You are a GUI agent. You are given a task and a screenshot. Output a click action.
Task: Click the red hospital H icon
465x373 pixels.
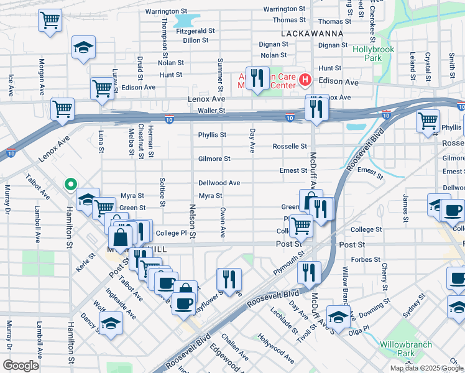305,80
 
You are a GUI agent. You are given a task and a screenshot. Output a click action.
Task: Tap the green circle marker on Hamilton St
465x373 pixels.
70,184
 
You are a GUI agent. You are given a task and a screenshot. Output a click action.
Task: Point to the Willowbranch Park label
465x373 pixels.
397,348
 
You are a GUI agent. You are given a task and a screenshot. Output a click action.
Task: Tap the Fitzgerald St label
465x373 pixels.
195,30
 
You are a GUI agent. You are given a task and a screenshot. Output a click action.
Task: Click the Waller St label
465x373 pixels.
211,111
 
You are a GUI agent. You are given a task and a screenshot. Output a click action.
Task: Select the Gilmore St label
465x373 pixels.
214,159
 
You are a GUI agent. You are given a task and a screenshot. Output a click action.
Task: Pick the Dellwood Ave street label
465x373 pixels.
219,183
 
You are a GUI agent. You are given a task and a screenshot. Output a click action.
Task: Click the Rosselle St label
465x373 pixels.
290,147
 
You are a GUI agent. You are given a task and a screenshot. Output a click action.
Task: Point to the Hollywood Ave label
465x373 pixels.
277,350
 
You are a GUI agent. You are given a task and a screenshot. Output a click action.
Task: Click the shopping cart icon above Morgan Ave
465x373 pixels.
50,19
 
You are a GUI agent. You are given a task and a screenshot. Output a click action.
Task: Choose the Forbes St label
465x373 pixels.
366,260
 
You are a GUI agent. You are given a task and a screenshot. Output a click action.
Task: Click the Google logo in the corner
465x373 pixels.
21,366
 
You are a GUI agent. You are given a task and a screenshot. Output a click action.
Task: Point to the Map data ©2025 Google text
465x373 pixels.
426,368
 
